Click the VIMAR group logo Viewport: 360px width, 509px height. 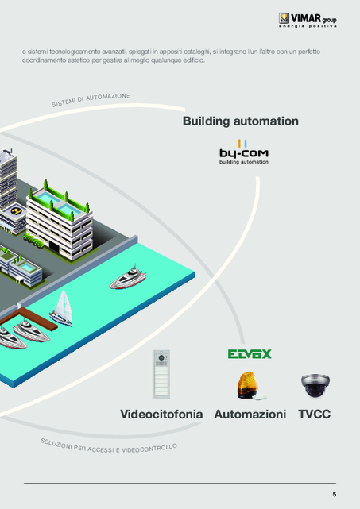coord(308,20)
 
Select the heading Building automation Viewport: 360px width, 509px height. coord(241,121)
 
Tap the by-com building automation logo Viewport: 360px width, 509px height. coord(244,152)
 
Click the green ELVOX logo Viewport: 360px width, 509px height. coord(250,354)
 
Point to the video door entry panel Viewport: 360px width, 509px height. coord(161,374)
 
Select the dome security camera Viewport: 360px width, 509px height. coord(315,385)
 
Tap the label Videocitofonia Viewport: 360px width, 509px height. coord(161,415)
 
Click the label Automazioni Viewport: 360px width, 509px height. coord(250,415)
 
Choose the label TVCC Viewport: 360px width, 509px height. coord(314,415)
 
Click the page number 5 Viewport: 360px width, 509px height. coord(335,495)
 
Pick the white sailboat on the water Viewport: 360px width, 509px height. coord(61,308)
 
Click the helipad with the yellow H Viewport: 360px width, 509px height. coord(15,211)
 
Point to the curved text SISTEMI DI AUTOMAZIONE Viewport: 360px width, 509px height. coord(91,100)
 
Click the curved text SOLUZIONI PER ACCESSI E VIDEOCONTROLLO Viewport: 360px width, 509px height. coord(109,446)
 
